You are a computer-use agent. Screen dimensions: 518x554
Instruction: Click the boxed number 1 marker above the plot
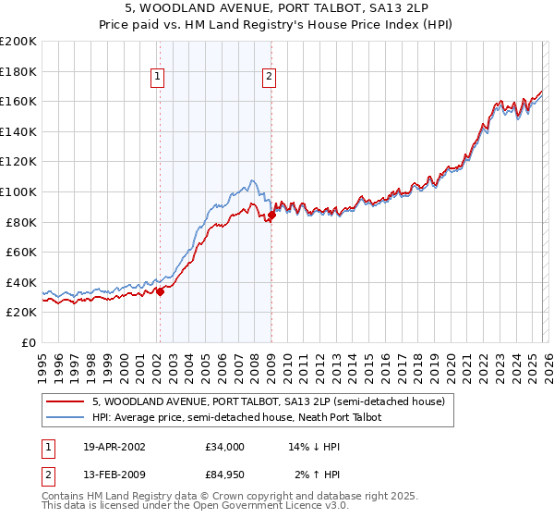click(x=159, y=78)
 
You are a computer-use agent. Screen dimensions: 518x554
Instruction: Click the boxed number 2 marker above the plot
click(x=270, y=78)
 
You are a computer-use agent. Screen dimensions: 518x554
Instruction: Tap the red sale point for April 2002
click(x=160, y=291)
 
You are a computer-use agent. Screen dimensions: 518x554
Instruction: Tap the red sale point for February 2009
click(x=271, y=216)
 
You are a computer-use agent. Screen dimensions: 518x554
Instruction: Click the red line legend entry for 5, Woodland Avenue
click(x=268, y=402)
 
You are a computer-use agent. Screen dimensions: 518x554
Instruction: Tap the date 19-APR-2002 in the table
click(x=114, y=447)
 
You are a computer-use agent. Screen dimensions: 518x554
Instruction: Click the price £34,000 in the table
click(x=225, y=447)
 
